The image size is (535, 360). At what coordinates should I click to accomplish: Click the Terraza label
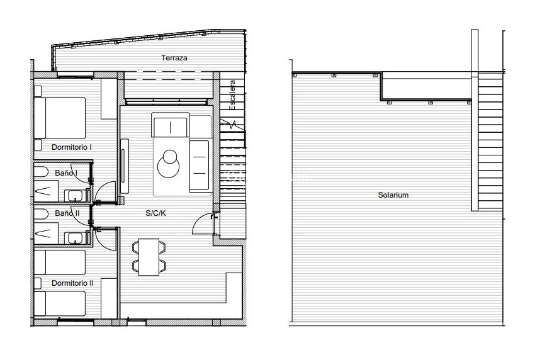(x=174, y=58)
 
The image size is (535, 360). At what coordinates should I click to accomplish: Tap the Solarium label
(x=393, y=195)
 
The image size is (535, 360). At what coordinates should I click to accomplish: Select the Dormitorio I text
(x=72, y=147)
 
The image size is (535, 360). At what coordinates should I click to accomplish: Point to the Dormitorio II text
(x=72, y=283)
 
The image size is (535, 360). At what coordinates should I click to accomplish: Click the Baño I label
(x=66, y=173)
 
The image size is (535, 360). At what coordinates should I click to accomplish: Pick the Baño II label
(x=67, y=213)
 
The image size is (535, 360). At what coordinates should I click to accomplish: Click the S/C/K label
(x=155, y=213)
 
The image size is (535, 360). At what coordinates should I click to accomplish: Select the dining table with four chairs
(x=149, y=256)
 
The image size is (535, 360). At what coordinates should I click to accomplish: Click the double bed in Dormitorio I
(x=60, y=118)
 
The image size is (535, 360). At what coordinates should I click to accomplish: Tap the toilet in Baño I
(x=40, y=173)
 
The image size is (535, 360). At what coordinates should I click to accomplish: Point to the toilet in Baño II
(x=40, y=214)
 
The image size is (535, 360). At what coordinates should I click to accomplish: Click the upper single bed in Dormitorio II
(x=60, y=261)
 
